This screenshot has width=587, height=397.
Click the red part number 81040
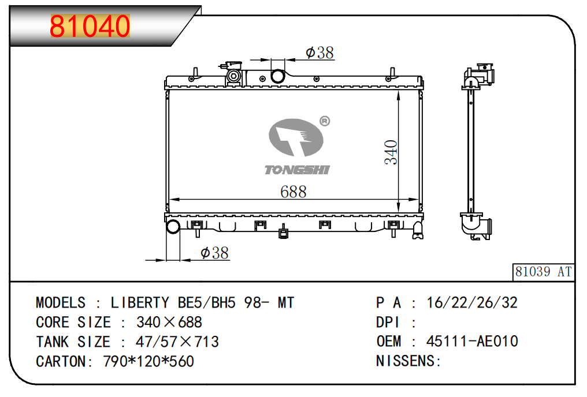tap(90, 26)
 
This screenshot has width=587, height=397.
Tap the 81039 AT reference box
tap(543, 272)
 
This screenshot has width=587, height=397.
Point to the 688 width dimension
tap(293, 192)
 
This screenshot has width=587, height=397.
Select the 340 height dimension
tap(391, 152)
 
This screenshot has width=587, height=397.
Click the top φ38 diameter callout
tap(319, 53)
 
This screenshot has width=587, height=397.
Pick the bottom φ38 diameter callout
tap(214, 253)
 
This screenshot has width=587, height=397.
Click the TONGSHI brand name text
tap(297, 170)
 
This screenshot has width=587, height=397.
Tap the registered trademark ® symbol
tap(325, 121)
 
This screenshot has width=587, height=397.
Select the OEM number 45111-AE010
tap(472, 341)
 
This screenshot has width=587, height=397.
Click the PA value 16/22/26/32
tap(472, 302)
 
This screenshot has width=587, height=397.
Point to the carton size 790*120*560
tap(148, 361)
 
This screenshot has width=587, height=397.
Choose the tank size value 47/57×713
tap(177, 342)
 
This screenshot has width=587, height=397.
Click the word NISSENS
tap(406, 361)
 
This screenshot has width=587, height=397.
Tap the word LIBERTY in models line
tap(140, 302)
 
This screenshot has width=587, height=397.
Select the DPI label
tap(388, 322)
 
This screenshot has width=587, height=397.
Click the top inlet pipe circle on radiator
tap(278, 76)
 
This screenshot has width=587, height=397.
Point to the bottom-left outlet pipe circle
tap(173, 226)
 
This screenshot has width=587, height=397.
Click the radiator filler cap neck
tap(233, 76)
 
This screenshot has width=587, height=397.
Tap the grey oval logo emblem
tap(296, 137)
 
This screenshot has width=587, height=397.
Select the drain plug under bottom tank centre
tap(284, 232)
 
